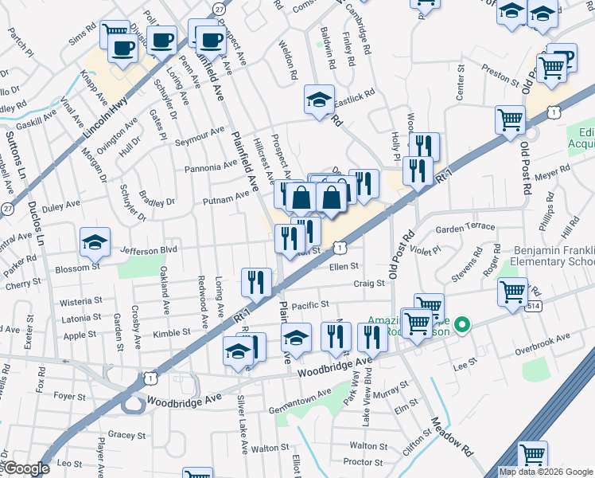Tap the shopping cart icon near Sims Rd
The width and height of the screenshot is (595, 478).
tap(115, 34)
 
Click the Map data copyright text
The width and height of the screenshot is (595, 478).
tap(545, 472)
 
